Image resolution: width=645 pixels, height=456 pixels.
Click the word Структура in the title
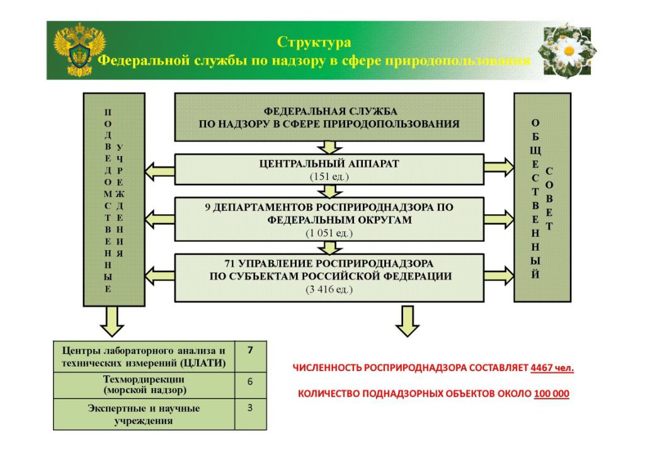click(314, 43)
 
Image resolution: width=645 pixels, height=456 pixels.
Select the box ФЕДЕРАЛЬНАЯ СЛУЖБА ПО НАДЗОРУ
click(329, 117)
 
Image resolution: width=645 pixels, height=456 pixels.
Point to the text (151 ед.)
click(329, 176)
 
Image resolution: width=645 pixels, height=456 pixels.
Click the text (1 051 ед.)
click(329, 232)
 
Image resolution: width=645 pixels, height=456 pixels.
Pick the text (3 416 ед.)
click(329, 289)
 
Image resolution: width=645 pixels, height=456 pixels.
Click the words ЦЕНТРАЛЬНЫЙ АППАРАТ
click(329, 164)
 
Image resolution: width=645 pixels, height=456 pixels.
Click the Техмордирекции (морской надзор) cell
click(144, 385)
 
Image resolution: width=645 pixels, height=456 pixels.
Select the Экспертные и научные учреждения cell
click(144, 414)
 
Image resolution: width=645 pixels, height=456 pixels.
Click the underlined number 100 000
click(551, 394)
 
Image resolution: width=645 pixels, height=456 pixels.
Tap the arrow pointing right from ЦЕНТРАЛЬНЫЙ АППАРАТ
click(499, 168)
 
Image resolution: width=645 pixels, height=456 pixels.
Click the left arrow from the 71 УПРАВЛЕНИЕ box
click(159, 275)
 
